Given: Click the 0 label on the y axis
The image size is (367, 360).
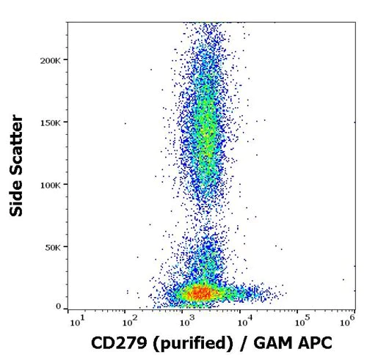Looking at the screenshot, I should (57, 306).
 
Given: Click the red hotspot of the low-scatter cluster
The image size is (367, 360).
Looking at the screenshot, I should (198, 293).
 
